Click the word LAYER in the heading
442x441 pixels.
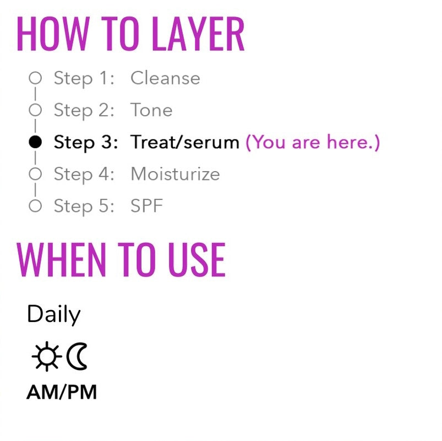pyautogui.click(x=198, y=34)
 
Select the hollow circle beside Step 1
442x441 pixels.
pyautogui.click(x=35, y=78)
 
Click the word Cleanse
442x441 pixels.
pyautogui.click(x=165, y=78)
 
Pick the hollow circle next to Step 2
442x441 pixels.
pyautogui.click(x=35, y=110)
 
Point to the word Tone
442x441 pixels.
pyautogui.click(x=151, y=110)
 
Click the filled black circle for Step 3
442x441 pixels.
pyautogui.click(x=35, y=142)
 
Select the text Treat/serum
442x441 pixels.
pyautogui.click(x=185, y=142)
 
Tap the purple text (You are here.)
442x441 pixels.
pyautogui.click(x=313, y=142)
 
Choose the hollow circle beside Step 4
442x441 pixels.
pyautogui.click(x=35, y=174)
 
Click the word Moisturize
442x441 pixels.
pyautogui.click(x=175, y=174)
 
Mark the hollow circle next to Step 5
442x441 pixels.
pyautogui.click(x=35, y=206)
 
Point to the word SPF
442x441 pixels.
pyautogui.click(x=146, y=206)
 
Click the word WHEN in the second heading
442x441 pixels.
pyautogui.click(x=62, y=259)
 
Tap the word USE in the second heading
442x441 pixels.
pyautogui.click(x=197, y=259)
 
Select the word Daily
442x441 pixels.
pyautogui.click(x=54, y=315)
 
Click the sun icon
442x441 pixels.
pyautogui.click(x=47, y=356)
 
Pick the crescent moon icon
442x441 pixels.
pyautogui.click(x=77, y=356)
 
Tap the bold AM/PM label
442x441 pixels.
pyautogui.click(x=62, y=393)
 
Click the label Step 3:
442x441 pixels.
pyautogui.click(x=86, y=143)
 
